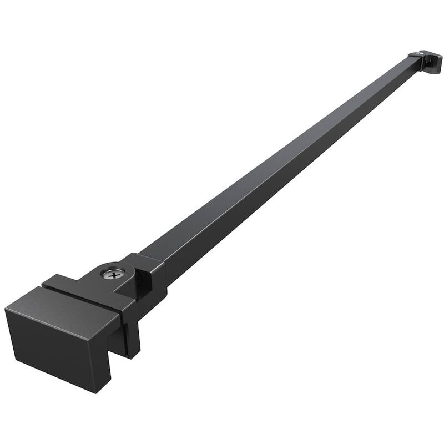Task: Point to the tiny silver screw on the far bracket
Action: (417, 54)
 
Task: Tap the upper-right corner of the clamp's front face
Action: (120, 317)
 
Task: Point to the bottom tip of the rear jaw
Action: (133, 355)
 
